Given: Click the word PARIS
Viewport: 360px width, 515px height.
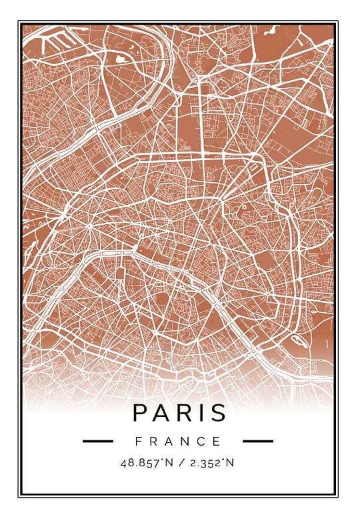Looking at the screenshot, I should coord(179,413).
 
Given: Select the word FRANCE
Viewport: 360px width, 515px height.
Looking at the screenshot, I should coord(178,441).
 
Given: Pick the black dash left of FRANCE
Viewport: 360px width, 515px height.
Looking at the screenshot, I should coord(98,441).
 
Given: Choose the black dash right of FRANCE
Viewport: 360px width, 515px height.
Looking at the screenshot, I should coord(258,441).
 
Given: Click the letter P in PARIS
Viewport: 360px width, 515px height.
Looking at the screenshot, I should coord(141,413).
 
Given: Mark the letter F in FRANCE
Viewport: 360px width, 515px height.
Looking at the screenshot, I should coord(138,441).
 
